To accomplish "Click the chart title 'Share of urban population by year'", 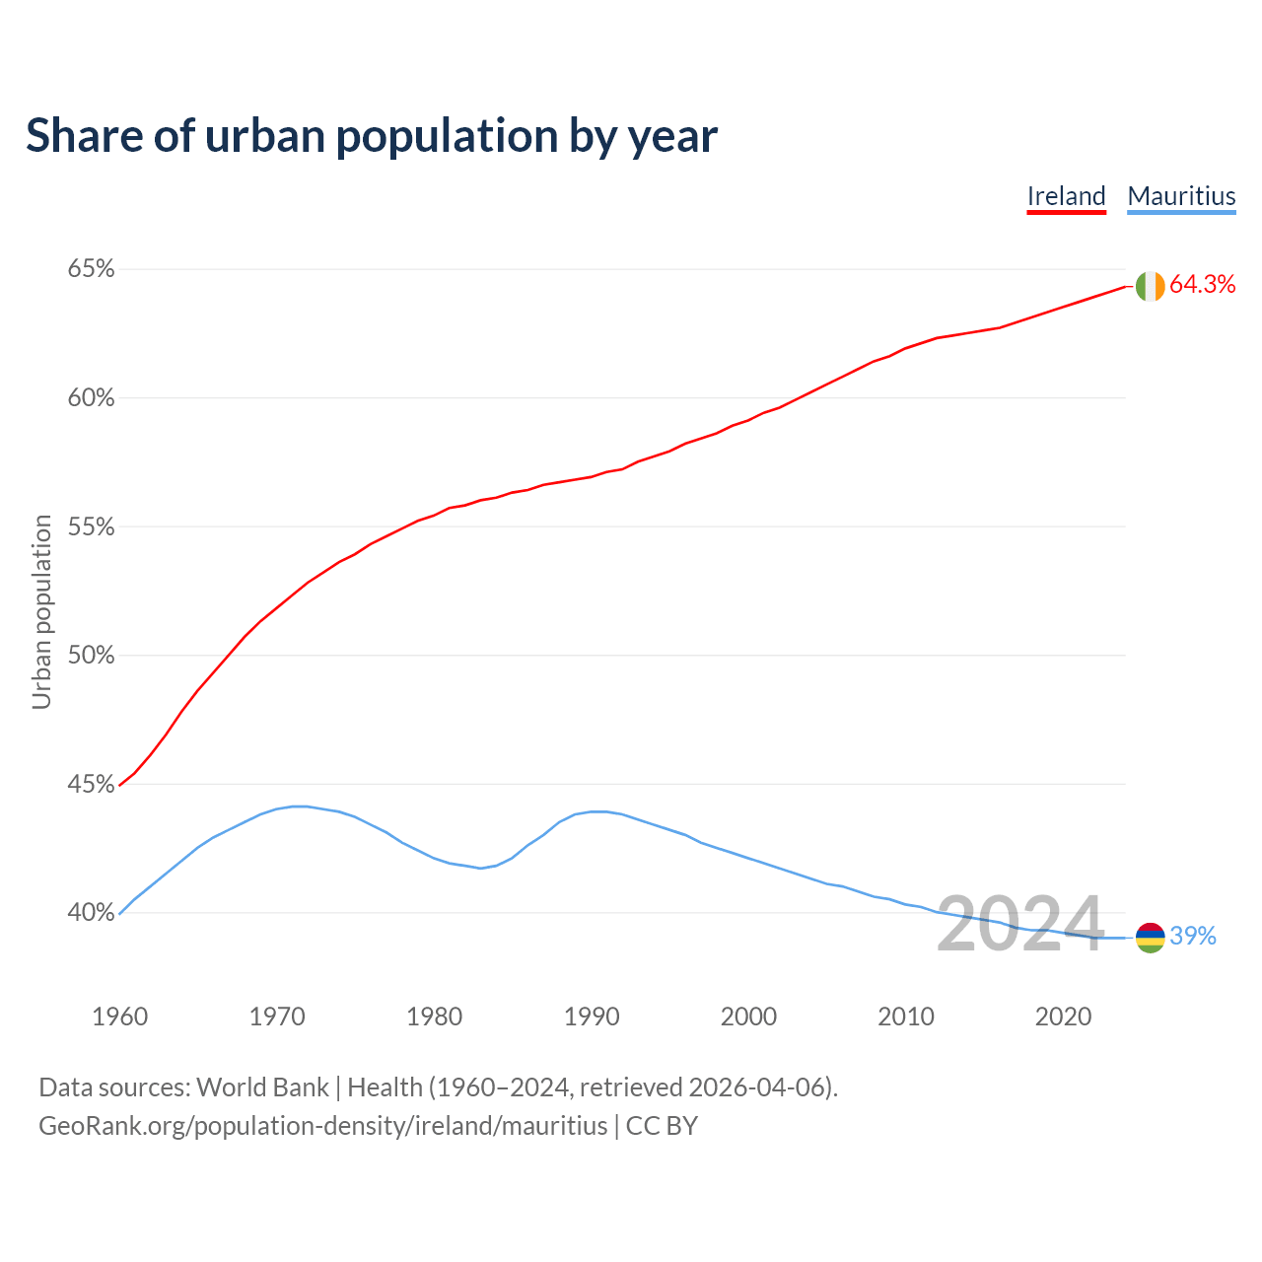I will pyautogui.click(x=371, y=136).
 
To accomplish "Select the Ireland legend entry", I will pyautogui.click(x=1066, y=196).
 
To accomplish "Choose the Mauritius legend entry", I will pyautogui.click(x=1181, y=196).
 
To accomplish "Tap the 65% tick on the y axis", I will pyautogui.click(x=91, y=269).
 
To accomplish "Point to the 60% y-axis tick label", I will pyautogui.click(x=91, y=398).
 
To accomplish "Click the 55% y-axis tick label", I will pyautogui.click(x=91, y=527).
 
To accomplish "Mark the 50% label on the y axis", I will pyautogui.click(x=91, y=656).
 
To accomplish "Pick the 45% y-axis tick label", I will pyautogui.click(x=91, y=785).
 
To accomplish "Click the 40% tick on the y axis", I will pyautogui.click(x=91, y=913).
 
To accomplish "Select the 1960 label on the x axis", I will pyautogui.click(x=119, y=1017).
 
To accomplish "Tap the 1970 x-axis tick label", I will pyautogui.click(x=277, y=1017).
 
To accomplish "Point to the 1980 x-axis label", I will pyautogui.click(x=434, y=1017).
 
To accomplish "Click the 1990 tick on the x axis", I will pyautogui.click(x=592, y=1017).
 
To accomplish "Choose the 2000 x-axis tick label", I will pyautogui.click(x=748, y=1017).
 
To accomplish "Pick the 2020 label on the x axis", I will pyautogui.click(x=1063, y=1017).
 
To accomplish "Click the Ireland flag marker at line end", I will pyautogui.click(x=1150, y=286).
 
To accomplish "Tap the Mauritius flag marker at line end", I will pyautogui.click(x=1150, y=937).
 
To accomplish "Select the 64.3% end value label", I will pyautogui.click(x=1202, y=285).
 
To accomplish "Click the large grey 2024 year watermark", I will pyautogui.click(x=1019, y=925).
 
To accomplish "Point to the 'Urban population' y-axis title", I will pyautogui.click(x=41, y=611).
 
